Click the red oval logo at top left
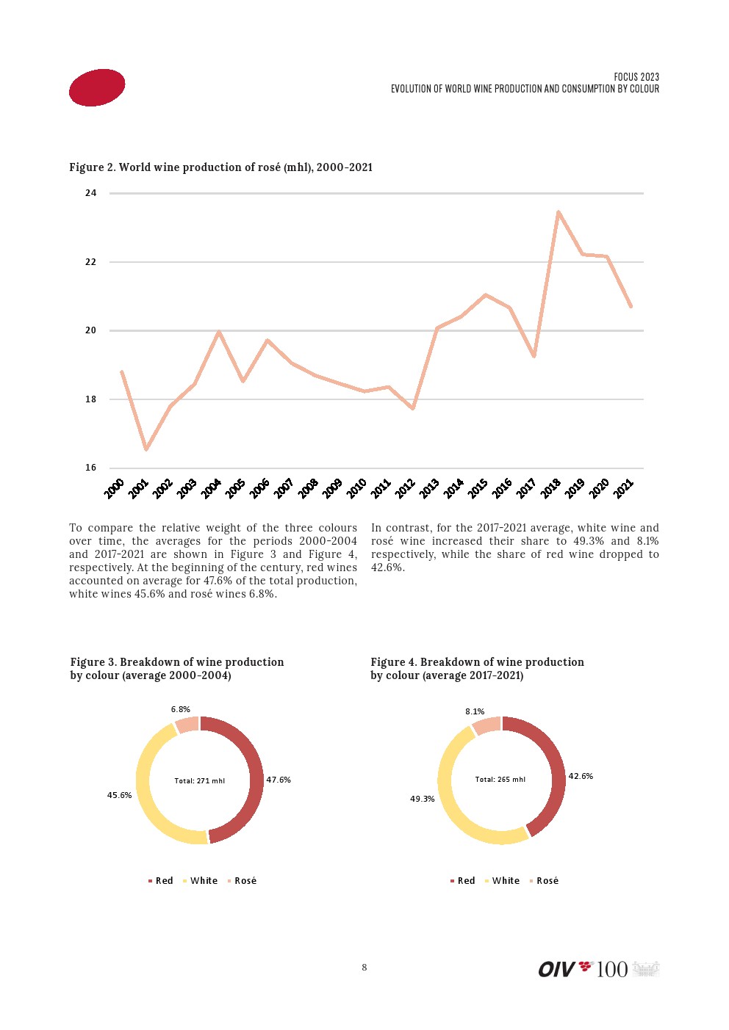coord(97,87)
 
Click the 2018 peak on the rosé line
coord(559,212)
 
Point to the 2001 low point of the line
coord(146,449)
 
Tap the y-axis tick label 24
coord(90,193)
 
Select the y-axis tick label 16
coord(90,468)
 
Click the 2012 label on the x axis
coord(405,488)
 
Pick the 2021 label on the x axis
coord(623,488)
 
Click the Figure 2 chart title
coord(220,167)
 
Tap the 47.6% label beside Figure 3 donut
coord(279,780)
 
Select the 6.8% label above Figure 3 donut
coord(181,709)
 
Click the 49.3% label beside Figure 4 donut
coord(423,799)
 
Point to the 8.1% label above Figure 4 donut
coord(475,711)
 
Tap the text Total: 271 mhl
coord(200,781)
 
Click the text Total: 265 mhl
coord(500,780)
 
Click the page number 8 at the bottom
coord(364,968)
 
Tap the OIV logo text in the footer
coord(556,970)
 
